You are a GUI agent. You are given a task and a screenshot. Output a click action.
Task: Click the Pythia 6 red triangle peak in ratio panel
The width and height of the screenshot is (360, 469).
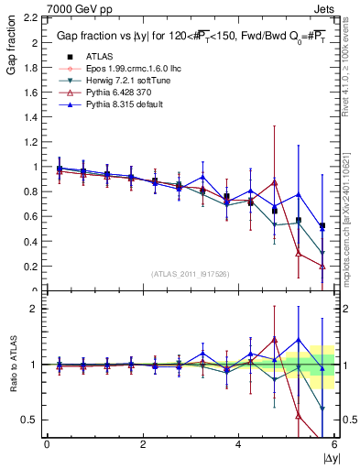tap(274, 340)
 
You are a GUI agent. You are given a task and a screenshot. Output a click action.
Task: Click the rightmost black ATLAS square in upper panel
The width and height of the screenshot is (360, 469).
tap(322, 226)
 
